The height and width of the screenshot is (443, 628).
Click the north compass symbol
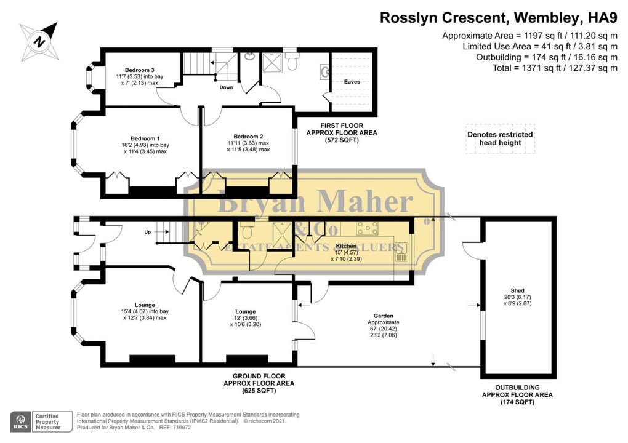[x=38, y=41]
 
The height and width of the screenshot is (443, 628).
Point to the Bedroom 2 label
[x=248, y=137]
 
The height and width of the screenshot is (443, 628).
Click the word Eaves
[x=352, y=81]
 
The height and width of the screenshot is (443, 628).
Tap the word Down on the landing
[x=226, y=87]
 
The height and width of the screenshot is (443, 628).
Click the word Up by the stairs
[x=147, y=233]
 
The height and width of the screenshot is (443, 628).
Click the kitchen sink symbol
[x=401, y=252]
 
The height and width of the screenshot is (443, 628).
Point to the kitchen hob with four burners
[x=368, y=228]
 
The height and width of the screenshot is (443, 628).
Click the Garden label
[x=384, y=314]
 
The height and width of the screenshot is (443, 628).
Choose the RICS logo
[x=20, y=421]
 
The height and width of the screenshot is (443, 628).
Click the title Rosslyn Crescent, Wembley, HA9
[x=498, y=18]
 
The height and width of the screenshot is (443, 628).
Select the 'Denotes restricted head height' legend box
[x=500, y=138]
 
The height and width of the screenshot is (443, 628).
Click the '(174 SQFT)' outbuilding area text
[x=517, y=402]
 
